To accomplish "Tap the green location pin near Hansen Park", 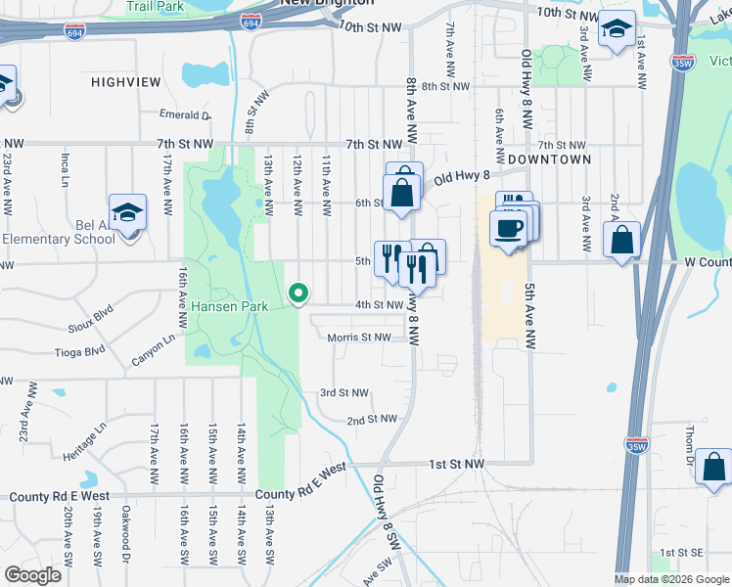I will pyautogui.click(x=298, y=293).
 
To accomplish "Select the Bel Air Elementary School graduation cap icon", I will pyautogui.click(x=126, y=214).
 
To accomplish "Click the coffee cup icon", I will pyautogui.click(x=507, y=229).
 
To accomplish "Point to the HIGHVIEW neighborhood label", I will pyautogui.click(x=125, y=82).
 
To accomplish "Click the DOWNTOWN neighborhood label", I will pyautogui.click(x=550, y=158).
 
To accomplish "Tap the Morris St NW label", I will pyautogui.click(x=359, y=337).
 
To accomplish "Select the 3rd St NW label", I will pyautogui.click(x=344, y=392).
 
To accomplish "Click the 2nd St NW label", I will pyautogui.click(x=372, y=419).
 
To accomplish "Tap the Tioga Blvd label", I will pyautogui.click(x=80, y=350).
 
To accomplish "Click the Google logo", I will pyautogui.click(x=32, y=574).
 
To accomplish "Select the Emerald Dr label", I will pyautogui.click(x=184, y=114).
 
